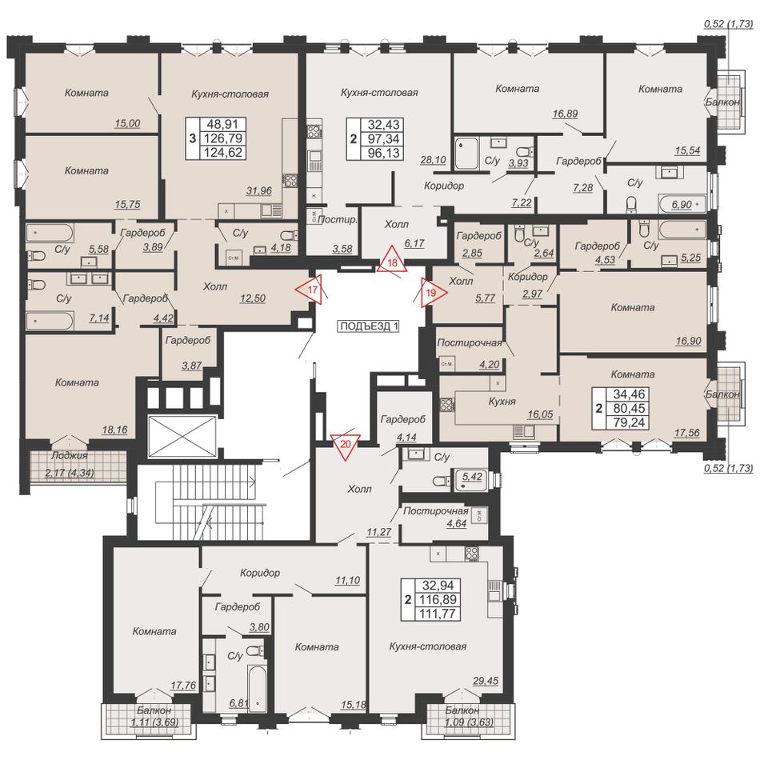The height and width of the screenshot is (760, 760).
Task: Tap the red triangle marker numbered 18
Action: [393, 262]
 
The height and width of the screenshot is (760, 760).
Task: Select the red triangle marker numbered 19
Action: [432, 293]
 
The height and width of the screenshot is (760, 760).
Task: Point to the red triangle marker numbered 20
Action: [345, 445]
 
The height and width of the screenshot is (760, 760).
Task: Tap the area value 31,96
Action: [259, 191]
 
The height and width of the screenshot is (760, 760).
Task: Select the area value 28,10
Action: [433, 160]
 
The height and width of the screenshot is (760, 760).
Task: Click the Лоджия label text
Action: [70, 456]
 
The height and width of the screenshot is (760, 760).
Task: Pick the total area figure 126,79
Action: [222, 138]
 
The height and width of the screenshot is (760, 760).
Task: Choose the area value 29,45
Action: [485, 681]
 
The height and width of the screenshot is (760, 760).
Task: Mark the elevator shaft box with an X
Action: [181, 436]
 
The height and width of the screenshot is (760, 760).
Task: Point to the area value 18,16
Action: [115, 430]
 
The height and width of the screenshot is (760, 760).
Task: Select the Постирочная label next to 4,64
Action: [435, 511]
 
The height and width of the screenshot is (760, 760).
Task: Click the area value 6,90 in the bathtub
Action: [682, 205]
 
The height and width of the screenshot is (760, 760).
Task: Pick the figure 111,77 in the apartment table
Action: [438, 613]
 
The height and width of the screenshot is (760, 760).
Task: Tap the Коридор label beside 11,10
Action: [260, 573]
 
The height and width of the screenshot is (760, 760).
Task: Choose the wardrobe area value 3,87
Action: [191, 366]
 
